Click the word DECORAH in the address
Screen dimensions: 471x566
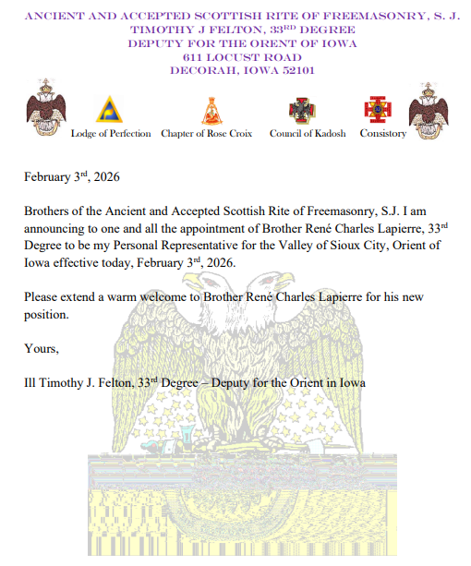(x=201, y=69)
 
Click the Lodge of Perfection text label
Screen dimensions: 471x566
(x=111, y=134)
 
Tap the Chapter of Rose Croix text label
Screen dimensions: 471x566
(x=207, y=134)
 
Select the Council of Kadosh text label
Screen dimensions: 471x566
(x=308, y=134)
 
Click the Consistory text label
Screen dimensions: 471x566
(x=382, y=134)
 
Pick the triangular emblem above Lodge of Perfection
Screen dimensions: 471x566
(x=110, y=109)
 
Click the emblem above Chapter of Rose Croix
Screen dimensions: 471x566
(x=211, y=110)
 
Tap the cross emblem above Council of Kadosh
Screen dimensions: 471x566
(x=301, y=111)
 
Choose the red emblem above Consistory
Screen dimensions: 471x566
(x=377, y=110)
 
